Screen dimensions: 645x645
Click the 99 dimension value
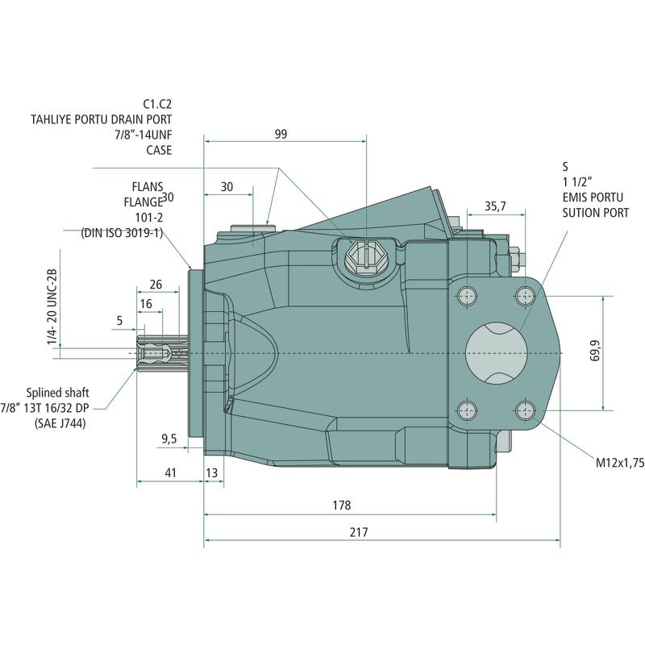click(281, 134)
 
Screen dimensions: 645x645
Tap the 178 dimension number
click(342, 506)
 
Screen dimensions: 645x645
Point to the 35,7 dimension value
click(496, 206)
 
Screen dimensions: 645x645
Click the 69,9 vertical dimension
click(595, 353)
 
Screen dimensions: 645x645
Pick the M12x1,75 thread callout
click(619, 464)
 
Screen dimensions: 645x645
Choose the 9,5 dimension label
click(169, 439)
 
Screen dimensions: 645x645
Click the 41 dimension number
click(170, 473)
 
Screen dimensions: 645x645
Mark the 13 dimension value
click(213, 473)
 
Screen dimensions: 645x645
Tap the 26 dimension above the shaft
click(156, 284)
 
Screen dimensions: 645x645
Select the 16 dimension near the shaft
click(146, 303)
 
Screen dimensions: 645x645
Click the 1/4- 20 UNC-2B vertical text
click(52, 307)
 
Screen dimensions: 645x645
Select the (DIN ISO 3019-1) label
click(123, 233)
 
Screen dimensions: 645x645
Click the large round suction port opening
click(496, 352)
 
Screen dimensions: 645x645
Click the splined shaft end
click(153, 352)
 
